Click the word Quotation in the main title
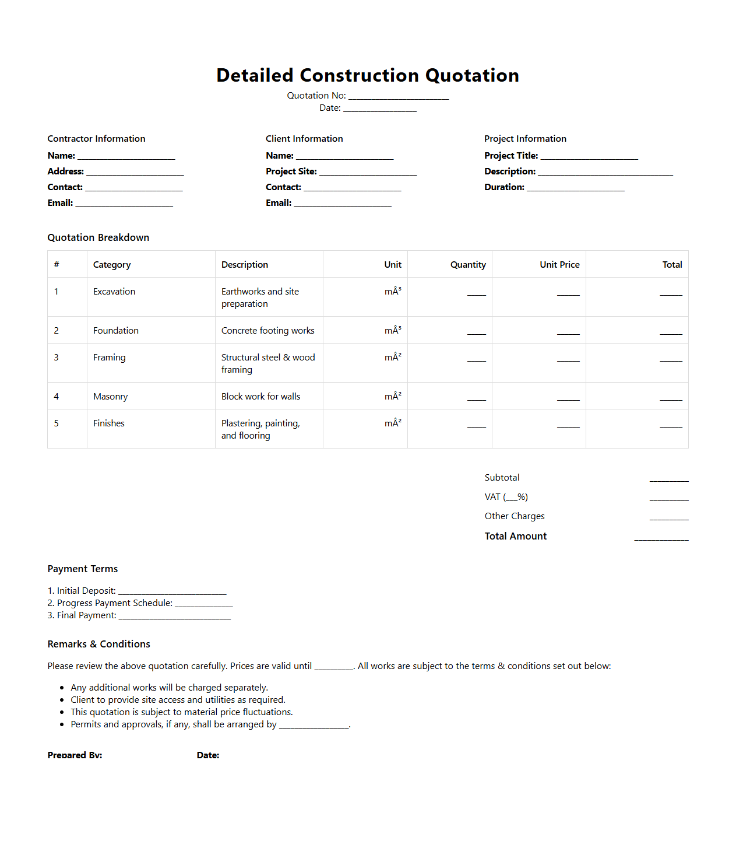pos(471,75)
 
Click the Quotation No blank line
pos(398,97)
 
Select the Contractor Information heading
pos(96,139)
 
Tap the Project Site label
pos(291,171)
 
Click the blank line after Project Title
pos(589,157)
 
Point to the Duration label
pos(504,187)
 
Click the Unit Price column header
pos(559,265)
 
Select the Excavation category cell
pos(114,292)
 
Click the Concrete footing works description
pos(267,331)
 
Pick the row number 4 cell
pos(57,397)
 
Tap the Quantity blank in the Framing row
pos(476,359)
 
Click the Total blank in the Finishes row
pos(670,425)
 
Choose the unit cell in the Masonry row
pos(392,397)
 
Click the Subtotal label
pos(502,478)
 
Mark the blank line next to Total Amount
pos(661,538)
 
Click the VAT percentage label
pos(506,497)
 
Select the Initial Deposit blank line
pos(172,592)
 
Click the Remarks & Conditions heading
pos(98,644)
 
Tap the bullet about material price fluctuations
pos(181,712)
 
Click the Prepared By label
pos(75,755)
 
